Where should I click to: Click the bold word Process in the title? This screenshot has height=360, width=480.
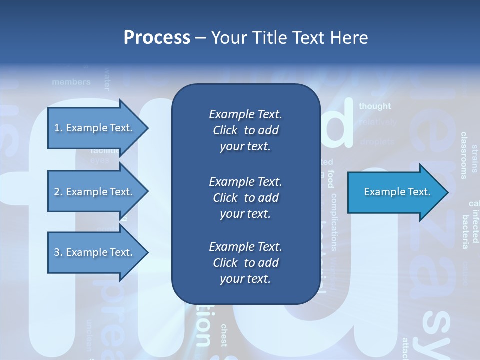[157, 38]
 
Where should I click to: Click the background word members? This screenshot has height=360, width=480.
[71, 82]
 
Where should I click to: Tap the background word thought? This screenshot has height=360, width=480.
[375, 106]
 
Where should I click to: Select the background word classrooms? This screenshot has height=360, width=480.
[464, 155]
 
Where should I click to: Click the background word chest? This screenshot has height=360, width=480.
[224, 335]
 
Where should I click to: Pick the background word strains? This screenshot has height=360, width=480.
[474, 158]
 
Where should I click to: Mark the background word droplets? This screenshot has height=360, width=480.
[377, 142]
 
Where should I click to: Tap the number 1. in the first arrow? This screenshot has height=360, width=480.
[58, 128]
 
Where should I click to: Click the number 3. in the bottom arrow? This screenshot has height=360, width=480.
[58, 252]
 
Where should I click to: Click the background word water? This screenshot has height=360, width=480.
[106, 79]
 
